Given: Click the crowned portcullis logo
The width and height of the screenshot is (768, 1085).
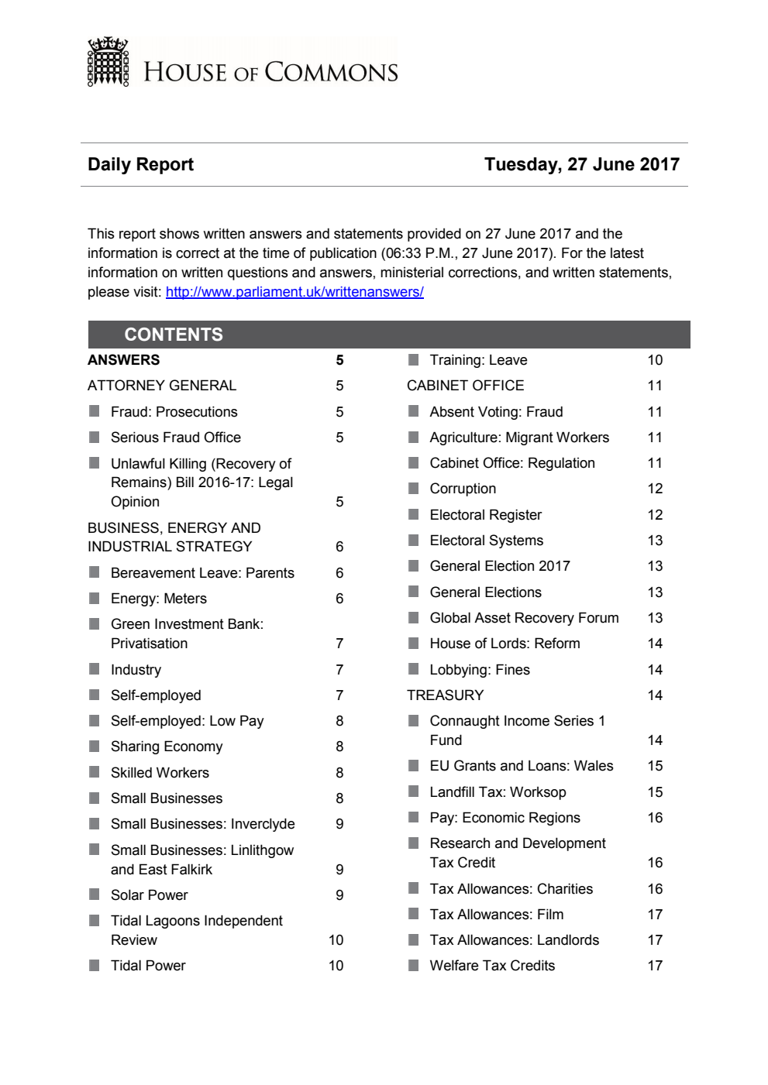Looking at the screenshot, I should (108, 62).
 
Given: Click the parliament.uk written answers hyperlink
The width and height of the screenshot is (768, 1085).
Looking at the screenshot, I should (294, 292).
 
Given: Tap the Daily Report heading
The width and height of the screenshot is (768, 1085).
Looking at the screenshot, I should (140, 164).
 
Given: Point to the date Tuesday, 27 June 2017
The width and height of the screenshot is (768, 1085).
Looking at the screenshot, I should (581, 164).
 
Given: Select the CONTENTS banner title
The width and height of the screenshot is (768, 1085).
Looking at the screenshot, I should (174, 335).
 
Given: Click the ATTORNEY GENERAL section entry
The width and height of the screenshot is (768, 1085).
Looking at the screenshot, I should (162, 386).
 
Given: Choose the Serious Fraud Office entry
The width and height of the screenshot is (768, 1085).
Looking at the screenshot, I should (175, 438).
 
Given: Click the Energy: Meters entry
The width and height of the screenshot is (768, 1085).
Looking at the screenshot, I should (158, 599).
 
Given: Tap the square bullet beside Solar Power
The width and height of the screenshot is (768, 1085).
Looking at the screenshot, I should (95, 894).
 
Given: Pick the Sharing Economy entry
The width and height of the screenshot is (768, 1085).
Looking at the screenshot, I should (166, 747).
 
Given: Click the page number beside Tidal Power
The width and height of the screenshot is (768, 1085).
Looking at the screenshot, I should (336, 966).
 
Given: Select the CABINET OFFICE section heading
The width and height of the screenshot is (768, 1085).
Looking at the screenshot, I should (465, 386).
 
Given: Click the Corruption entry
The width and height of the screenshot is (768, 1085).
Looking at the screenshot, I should (463, 489).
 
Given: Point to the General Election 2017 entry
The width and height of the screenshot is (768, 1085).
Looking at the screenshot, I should (499, 566).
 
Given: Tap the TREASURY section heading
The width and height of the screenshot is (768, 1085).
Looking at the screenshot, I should (445, 695).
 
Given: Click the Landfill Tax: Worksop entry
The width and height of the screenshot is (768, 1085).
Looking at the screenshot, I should (498, 792).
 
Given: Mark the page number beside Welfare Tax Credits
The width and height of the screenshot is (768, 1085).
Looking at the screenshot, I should (655, 966).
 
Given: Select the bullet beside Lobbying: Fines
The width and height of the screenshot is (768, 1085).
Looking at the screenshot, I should (414, 669).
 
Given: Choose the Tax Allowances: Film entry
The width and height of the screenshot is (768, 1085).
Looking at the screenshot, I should (496, 915).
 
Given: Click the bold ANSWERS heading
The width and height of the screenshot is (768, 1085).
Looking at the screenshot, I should (123, 360).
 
